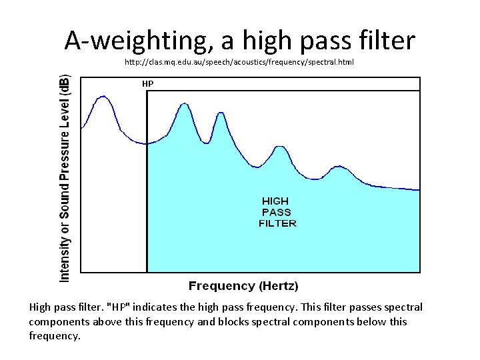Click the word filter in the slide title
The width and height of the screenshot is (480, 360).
tap(387, 41)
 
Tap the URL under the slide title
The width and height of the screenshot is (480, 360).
tap(239, 62)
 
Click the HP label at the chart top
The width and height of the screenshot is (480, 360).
tap(147, 84)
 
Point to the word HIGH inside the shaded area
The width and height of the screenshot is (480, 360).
tap(275, 201)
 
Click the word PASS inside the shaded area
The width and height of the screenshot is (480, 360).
tap(276, 212)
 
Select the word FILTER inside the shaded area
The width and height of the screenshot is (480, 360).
tap(277, 223)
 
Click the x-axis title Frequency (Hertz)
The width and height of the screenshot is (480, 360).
tap(243, 286)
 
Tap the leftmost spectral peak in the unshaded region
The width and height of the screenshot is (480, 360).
tap(103, 97)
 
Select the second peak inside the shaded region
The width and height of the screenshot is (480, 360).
tap(221, 114)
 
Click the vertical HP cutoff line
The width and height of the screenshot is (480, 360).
tap(147, 200)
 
